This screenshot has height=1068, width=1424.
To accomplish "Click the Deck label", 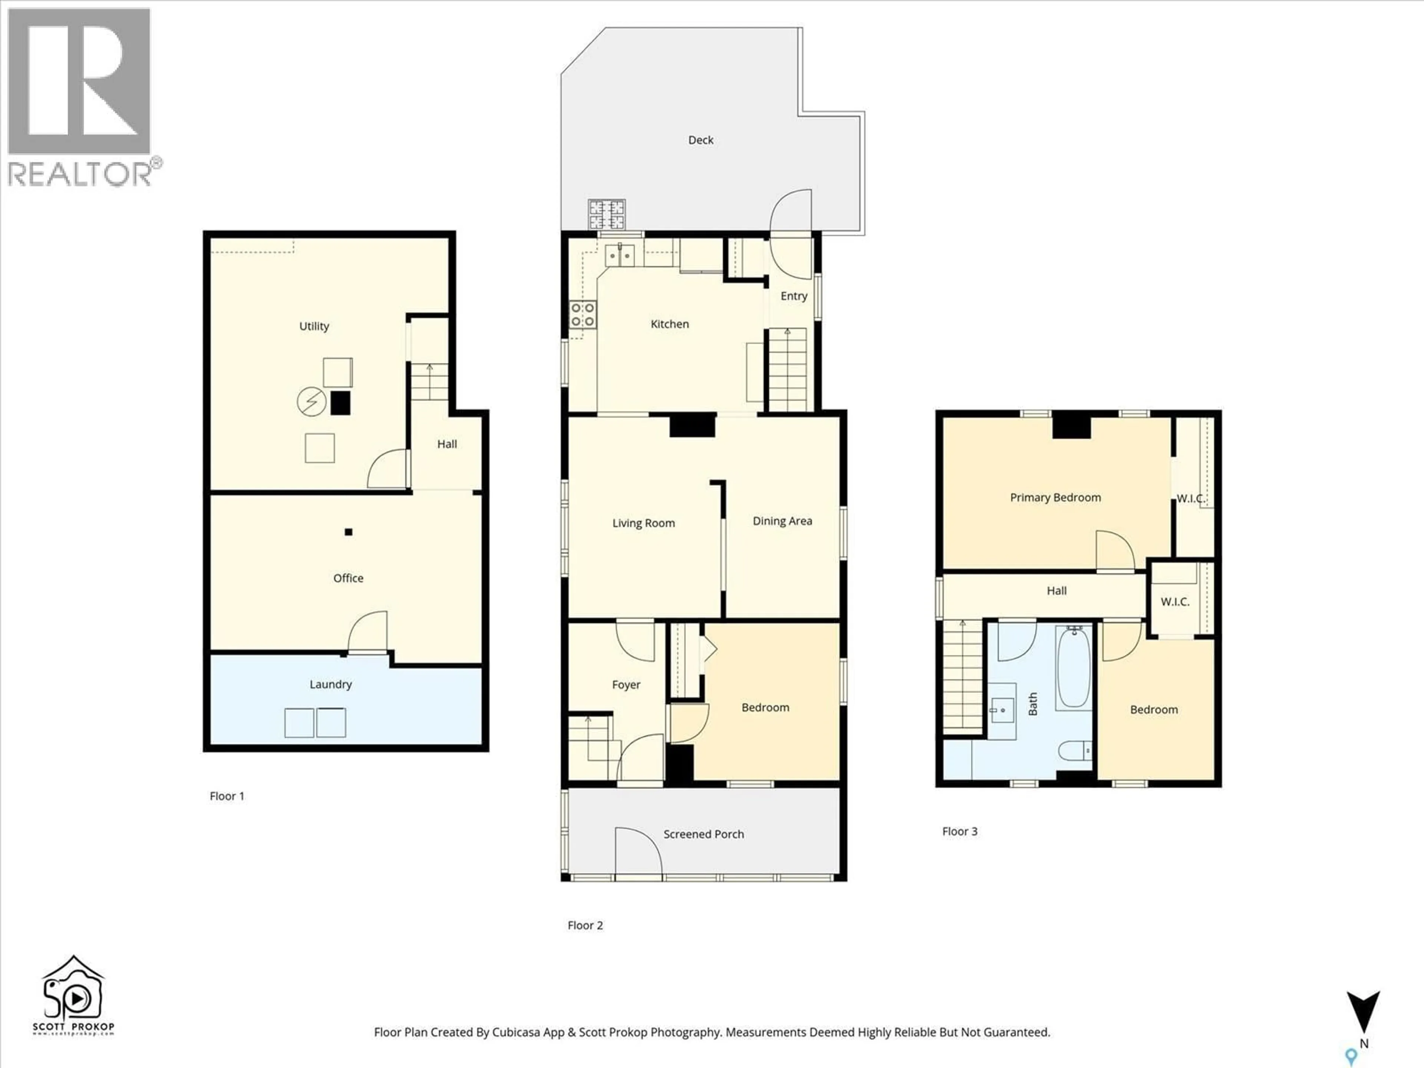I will (x=701, y=140).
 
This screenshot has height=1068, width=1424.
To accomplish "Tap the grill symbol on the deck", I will (x=606, y=214).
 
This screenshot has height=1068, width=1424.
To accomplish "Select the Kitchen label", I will (x=669, y=324).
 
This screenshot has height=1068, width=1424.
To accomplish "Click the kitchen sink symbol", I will (x=619, y=255).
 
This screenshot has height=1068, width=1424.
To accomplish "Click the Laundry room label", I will (x=330, y=684).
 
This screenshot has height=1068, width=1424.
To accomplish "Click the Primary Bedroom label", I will (x=1055, y=497).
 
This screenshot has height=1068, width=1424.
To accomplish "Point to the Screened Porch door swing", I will (x=637, y=853).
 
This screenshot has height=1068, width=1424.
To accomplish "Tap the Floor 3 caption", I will (x=959, y=831).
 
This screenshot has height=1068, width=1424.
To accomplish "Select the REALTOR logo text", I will (x=80, y=174).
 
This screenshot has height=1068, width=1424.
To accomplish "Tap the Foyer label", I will (x=626, y=684).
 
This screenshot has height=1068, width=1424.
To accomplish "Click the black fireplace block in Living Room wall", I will (x=692, y=425).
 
